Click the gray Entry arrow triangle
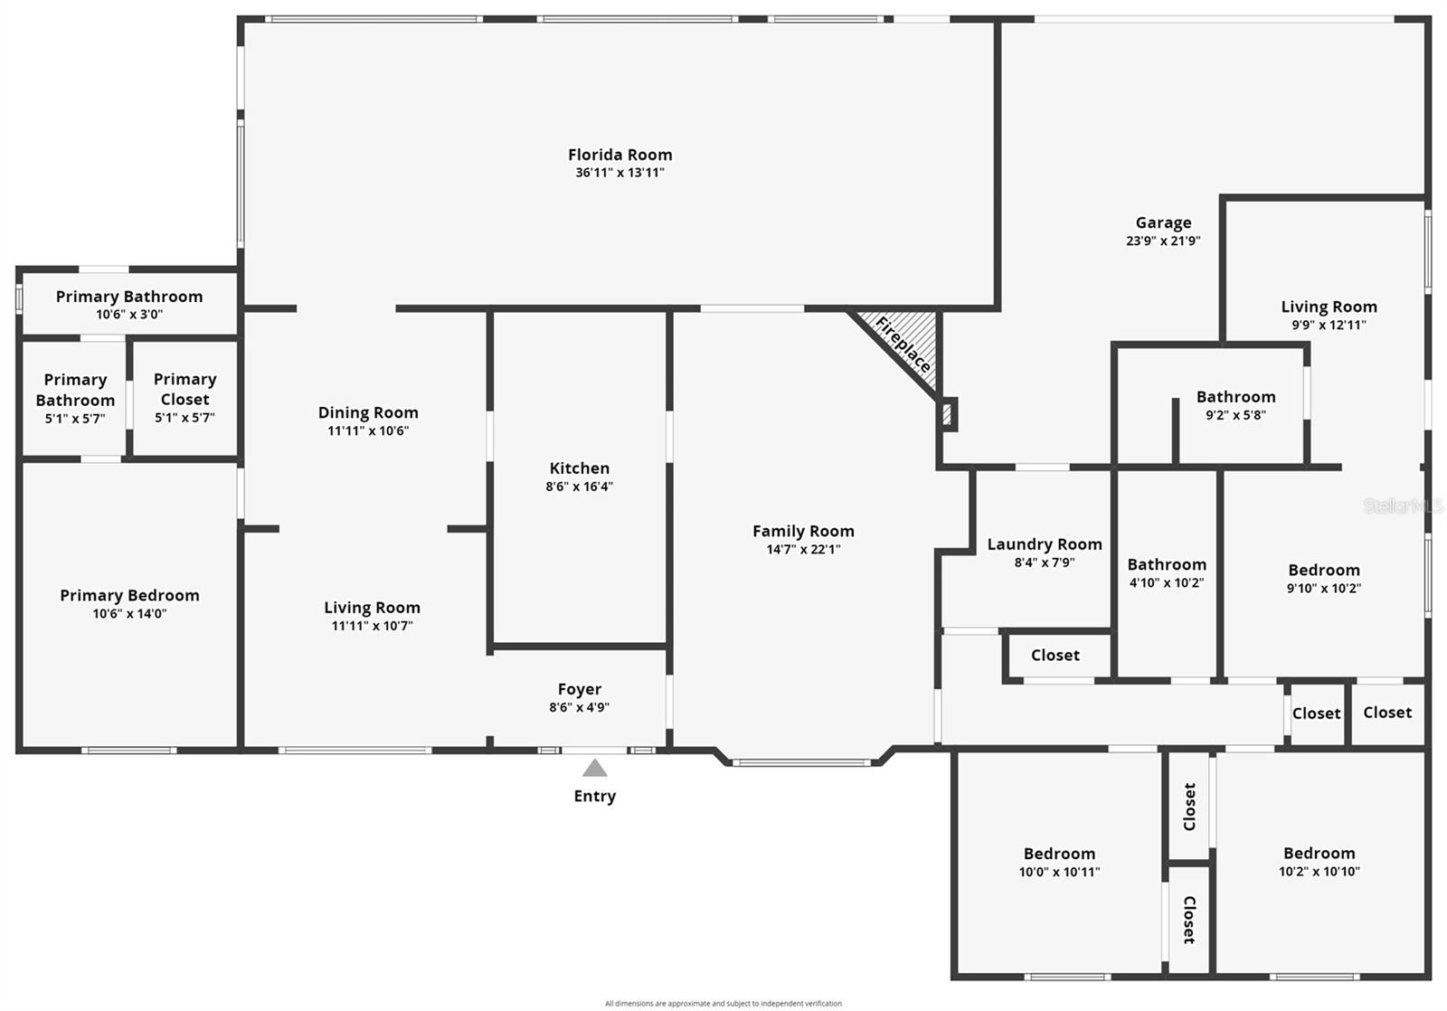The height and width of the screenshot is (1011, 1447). click(594, 768)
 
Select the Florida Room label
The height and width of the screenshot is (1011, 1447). click(620, 155)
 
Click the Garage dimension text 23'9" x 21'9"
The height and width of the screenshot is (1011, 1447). click(1163, 241)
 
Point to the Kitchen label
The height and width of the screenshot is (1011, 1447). click(580, 468)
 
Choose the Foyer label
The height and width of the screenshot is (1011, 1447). click(580, 689)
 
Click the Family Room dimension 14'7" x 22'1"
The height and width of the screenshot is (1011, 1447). click(804, 550)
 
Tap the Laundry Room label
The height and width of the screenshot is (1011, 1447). click(1045, 544)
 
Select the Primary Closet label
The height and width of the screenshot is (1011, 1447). click(184, 389)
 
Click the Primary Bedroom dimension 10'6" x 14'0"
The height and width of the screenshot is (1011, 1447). click(130, 614)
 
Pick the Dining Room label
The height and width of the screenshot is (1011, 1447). click(368, 412)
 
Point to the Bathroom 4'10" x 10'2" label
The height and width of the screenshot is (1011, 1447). click(1167, 564)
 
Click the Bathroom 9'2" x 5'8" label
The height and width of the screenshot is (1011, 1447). click(1235, 397)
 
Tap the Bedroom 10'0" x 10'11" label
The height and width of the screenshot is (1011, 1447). click(1059, 854)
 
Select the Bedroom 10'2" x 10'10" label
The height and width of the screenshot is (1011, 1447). click(1319, 854)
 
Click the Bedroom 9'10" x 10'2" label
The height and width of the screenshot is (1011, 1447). click(1324, 571)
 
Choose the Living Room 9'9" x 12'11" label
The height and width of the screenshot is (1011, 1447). click(1329, 307)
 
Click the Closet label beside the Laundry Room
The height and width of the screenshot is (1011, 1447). click(1055, 656)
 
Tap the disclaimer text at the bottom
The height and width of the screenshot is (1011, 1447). click(723, 1003)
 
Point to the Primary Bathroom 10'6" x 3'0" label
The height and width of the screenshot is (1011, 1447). click(129, 298)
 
